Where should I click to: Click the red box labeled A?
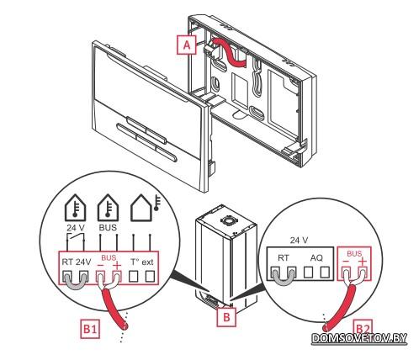(187, 45)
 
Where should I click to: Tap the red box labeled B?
(226, 317)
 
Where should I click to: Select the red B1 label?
(90, 329)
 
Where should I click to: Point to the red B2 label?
(363, 327)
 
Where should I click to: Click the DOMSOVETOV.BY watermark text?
(359, 338)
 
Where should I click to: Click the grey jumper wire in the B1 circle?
(75, 282)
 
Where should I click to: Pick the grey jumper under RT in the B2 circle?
(284, 278)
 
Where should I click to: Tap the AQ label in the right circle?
(316, 257)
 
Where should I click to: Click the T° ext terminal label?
(142, 262)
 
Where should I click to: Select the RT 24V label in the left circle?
(77, 262)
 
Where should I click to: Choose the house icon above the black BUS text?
(108, 208)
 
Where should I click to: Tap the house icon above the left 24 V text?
(75, 208)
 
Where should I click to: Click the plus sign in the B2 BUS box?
(363, 262)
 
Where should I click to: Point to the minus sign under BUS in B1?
(100, 266)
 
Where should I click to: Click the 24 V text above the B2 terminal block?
(299, 241)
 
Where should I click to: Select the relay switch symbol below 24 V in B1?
(75, 237)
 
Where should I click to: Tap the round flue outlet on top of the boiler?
(227, 220)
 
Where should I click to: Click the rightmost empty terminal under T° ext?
(150, 277)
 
